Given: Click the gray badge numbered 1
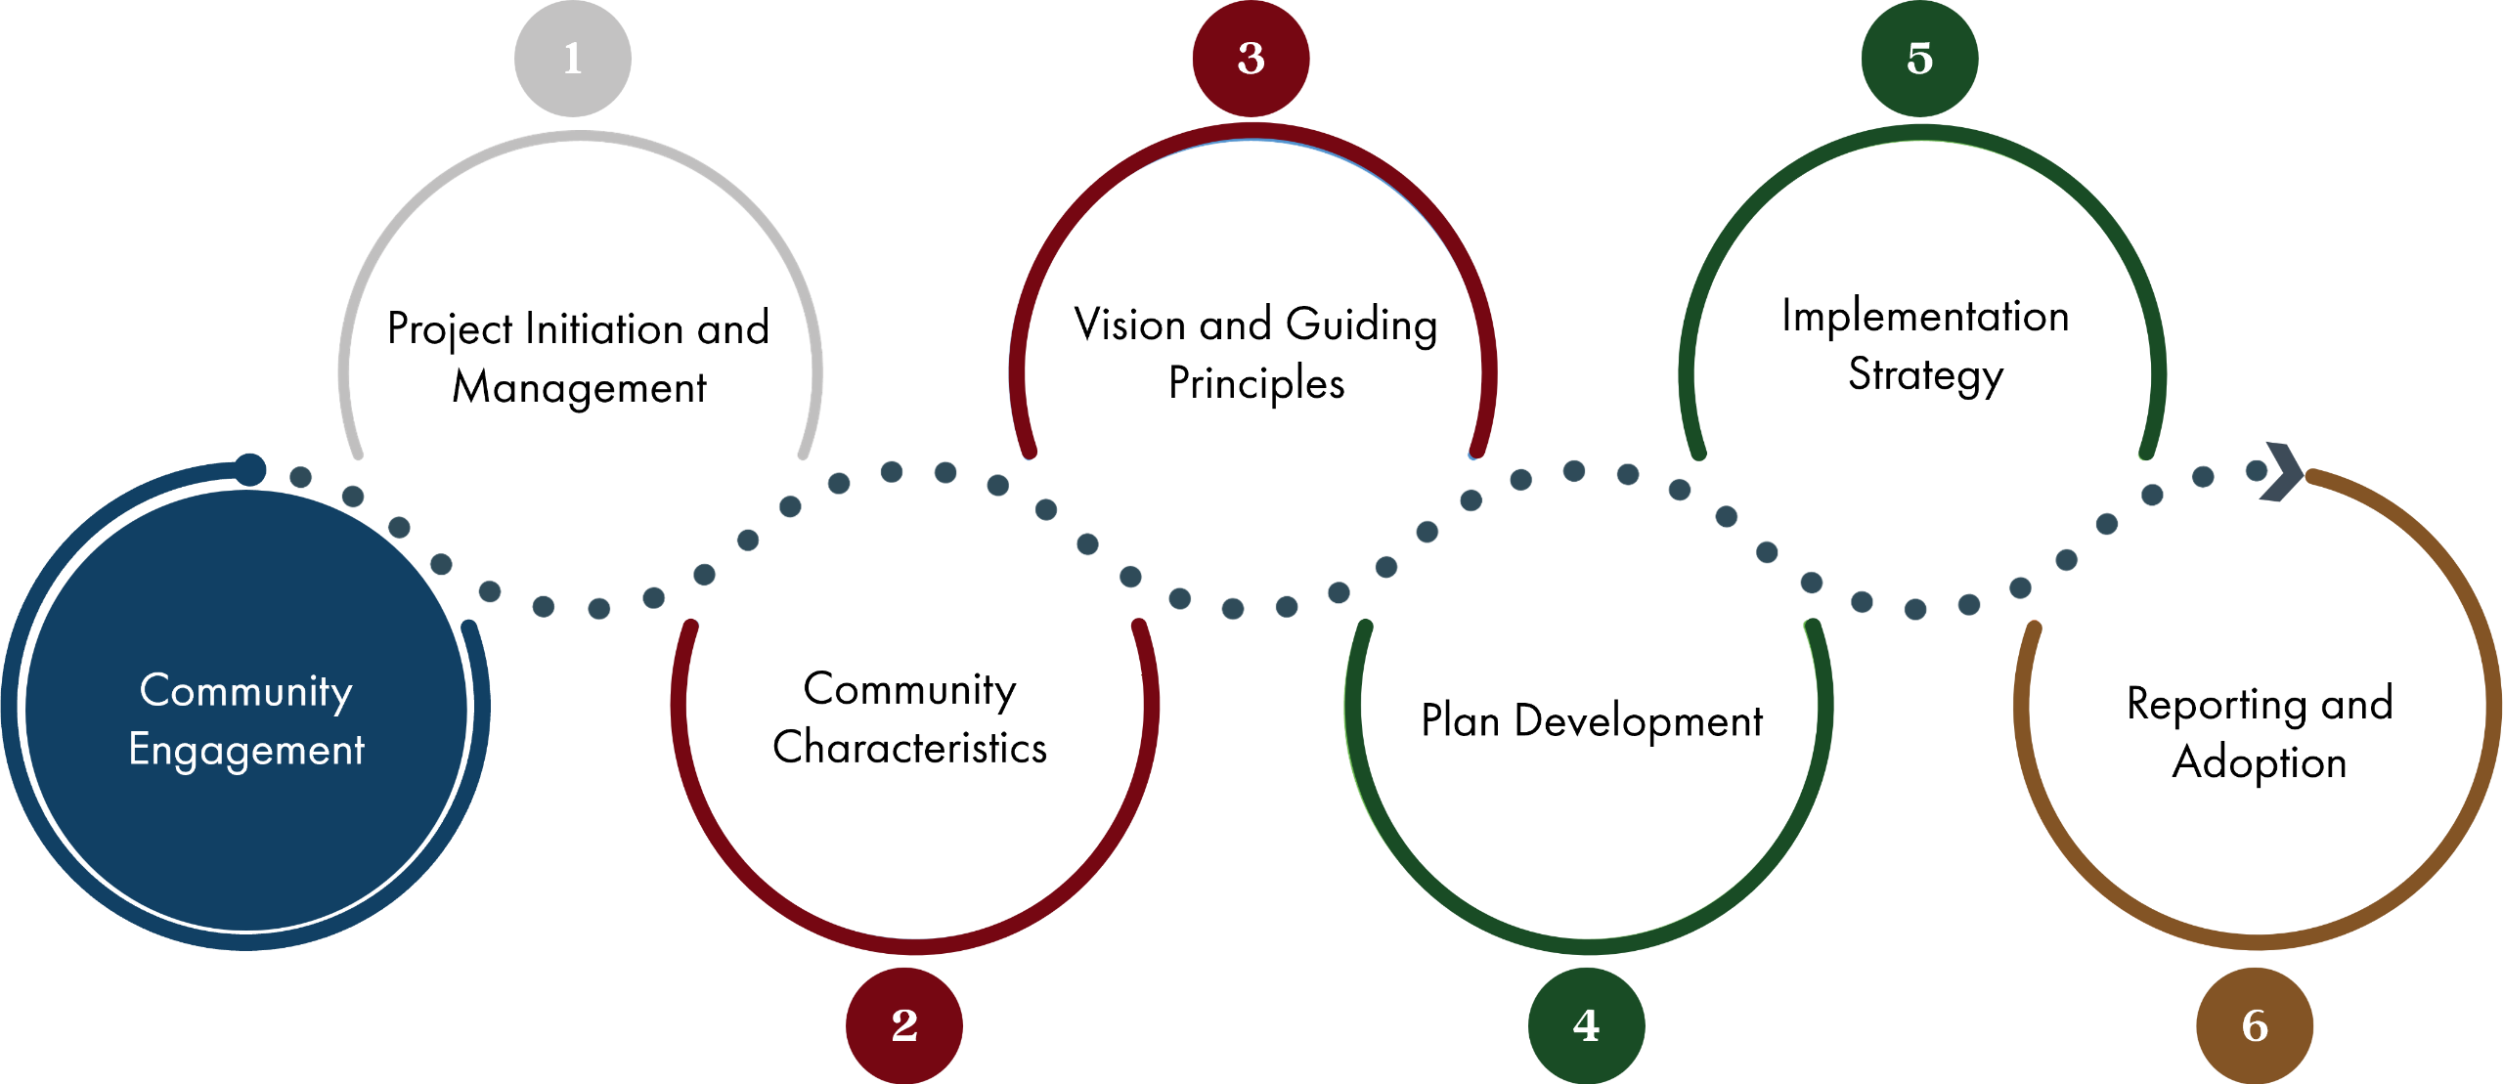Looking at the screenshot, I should click(x=573, y=59).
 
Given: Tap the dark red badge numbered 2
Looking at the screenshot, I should click(x=904, y=1025).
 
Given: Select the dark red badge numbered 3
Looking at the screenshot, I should click(x=1251, y=59).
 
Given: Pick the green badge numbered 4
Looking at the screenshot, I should click(x=1586, y=1025).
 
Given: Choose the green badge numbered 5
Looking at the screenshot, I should click(x=1919, y=59).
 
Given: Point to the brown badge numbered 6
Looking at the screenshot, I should click(x=2255, y=1025).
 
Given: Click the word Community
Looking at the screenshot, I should click(x=245, y=691).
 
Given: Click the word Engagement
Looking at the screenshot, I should click(x=246, y=751).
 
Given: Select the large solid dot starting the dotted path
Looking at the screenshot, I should click(x=250, y=469).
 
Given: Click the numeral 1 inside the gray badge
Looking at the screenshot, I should click(x=573, y=59).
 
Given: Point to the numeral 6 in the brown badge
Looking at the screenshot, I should click(x=2255, y=1025).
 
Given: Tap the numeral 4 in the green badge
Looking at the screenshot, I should click(x=1586, y=1025).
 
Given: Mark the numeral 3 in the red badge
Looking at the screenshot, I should click(x=1251, y=59).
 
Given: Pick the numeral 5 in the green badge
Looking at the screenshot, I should click(x=1919, y=59).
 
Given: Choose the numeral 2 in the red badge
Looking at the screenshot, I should click(x=904, y=1025).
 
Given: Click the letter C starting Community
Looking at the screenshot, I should click(x=154, y=690).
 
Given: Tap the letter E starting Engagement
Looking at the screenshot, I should click(x=139, y=750).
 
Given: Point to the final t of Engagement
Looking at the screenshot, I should click(x=359, y=751).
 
